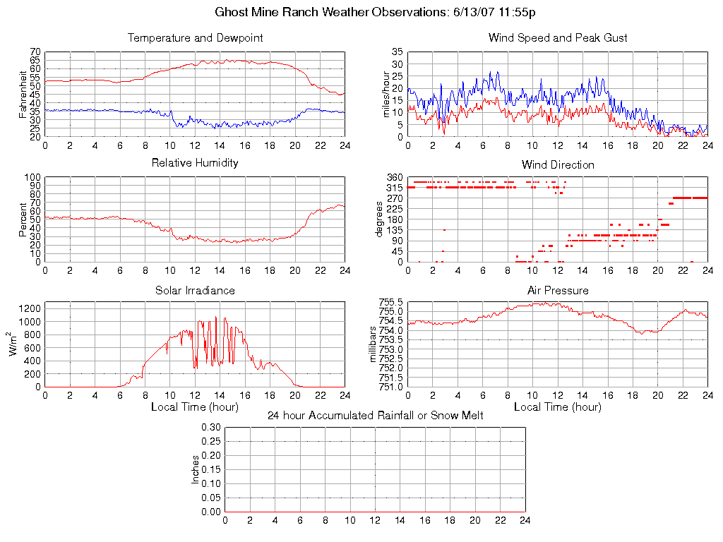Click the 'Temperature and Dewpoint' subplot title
pyautogui.click(x=195, y=38)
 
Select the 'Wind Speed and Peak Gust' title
pyautogui.click(x=558, y=38)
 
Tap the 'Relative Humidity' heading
pyautogui.click(x=195, y=163)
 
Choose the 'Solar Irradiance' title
pyautogui.click(x=195, y=291)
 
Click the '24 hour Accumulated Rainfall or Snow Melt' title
pyautogui.click(x=375, y=416)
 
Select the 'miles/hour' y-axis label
pyautogui.click(x=386, y=95)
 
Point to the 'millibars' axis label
pyautogui.click(x=374, y=344)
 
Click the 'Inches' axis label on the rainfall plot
pyautogui.click(x=196, y=469)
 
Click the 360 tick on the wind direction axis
pyautogui.click(x=394, y=178)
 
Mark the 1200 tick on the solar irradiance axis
pyautogui.click(x=30, y=308)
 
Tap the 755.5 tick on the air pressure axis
pyautogui.click(x=392, y=303)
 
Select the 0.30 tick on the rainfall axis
pyautogui.click(x=210, y=428)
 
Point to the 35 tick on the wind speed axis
pyautogui.click(x=397, y=53)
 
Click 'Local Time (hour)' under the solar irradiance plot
pyautogui.click(x=195, y=407)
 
